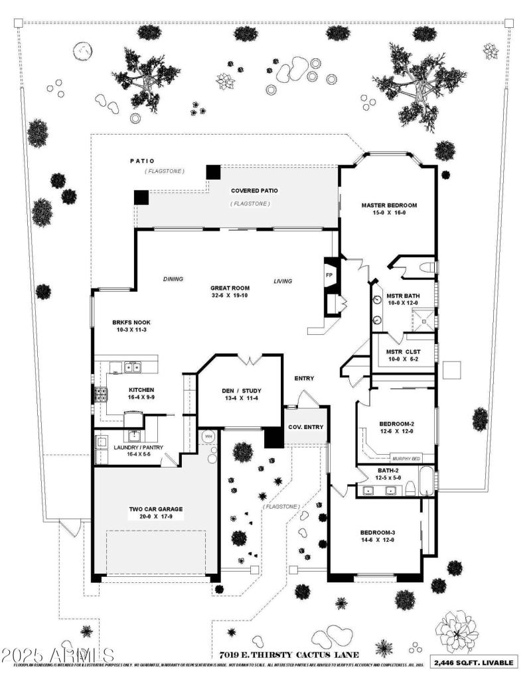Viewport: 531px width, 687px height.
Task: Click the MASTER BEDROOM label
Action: pyautogui.click(x=388, y=205)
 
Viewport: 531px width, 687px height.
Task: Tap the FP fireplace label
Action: pyautogui.click(x=329, y=274)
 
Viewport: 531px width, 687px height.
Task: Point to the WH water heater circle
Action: pyautogui.click(x=208, y=437)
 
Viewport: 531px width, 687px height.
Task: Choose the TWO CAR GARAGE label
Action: pyautogui.click(x=155, y=509)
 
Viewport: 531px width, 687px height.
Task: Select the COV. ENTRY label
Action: pyautogui.click(x=305, y=426)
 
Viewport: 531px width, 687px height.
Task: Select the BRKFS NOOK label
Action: pyautogui.click(x=131, y=324)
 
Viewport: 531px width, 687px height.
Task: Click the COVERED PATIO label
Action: pyautogui.click(x=254, y=190)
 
